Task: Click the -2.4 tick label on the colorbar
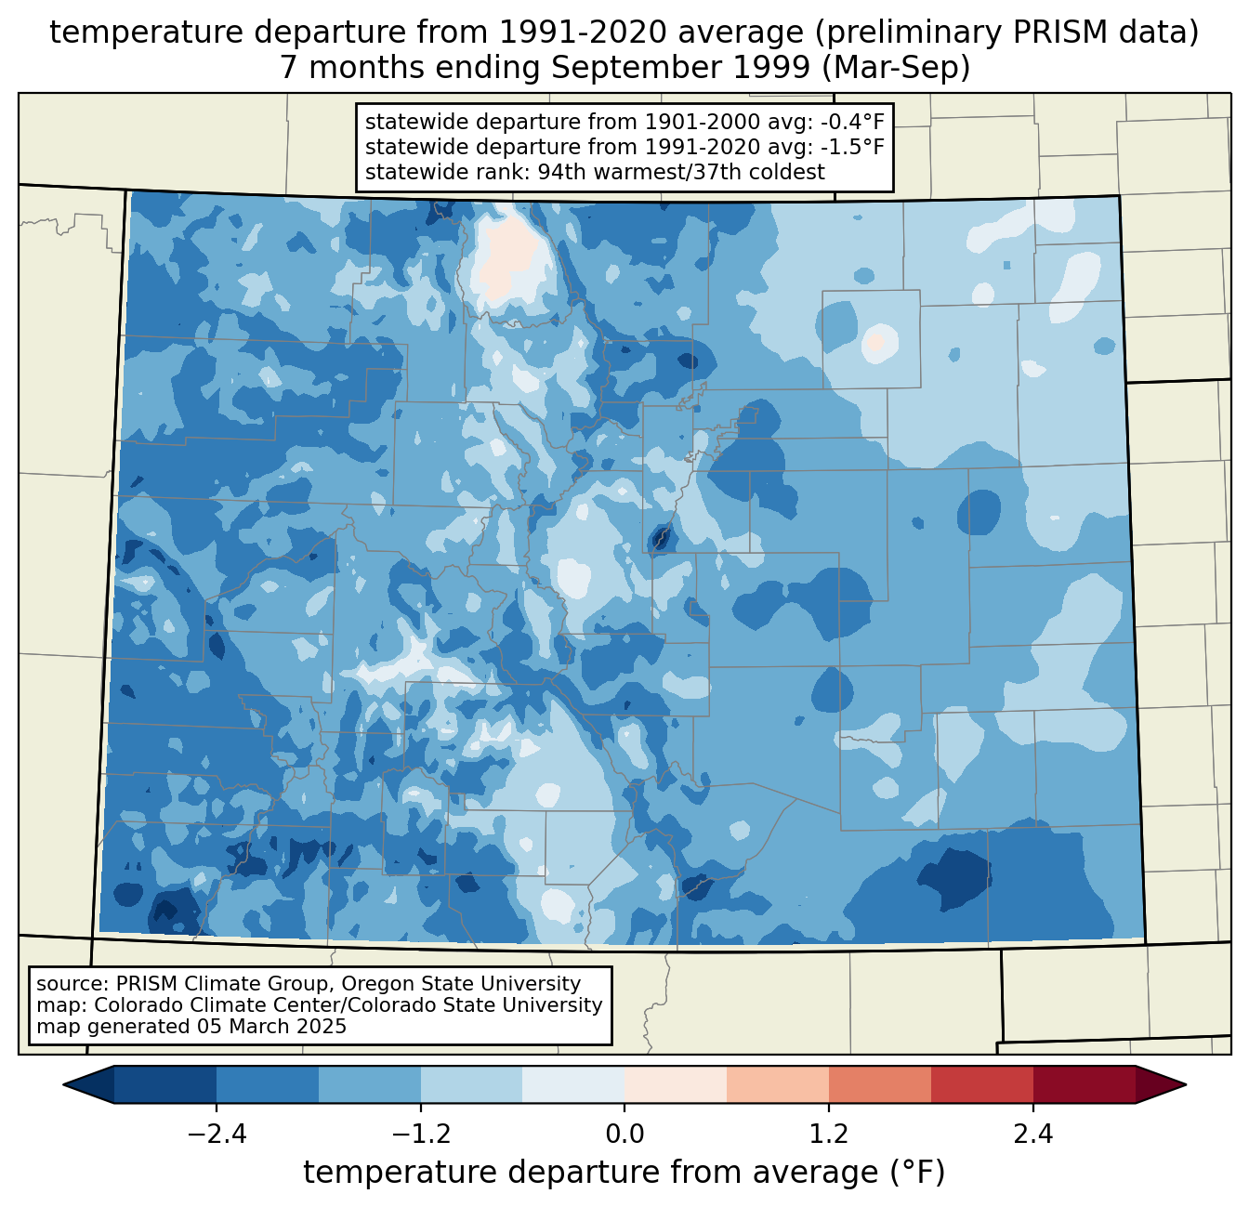click(217, 1135)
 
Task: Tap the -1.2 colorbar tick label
click(420, 1135)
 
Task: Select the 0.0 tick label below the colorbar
click(624, 1135)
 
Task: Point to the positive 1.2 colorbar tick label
click(829, 1135)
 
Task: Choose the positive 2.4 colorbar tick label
click(1033, 1135)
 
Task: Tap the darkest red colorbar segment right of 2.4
click(1084, 1084)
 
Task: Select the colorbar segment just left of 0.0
click(573, 1084)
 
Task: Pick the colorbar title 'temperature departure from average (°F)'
click(624, 1173)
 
